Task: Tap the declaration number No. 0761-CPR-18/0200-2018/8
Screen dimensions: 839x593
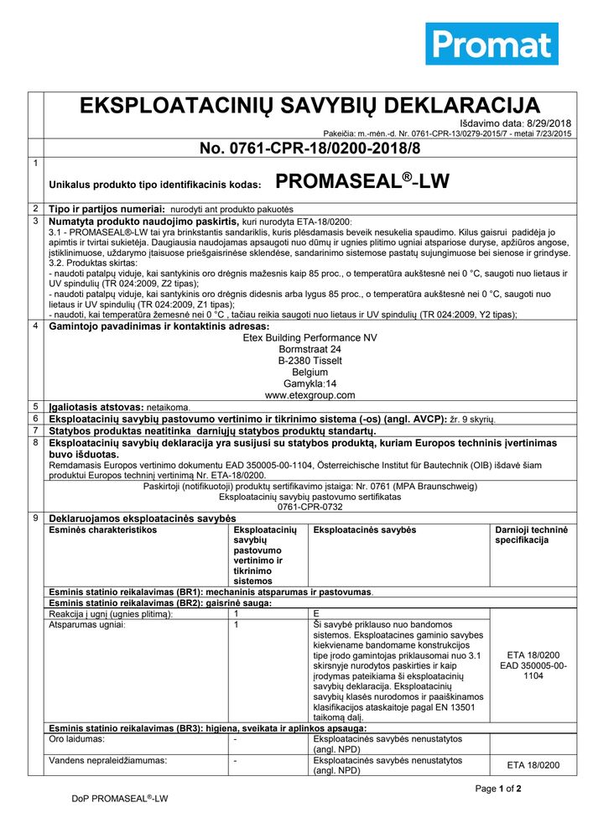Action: [310, 149]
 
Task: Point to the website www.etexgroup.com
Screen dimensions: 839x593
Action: [310, 394]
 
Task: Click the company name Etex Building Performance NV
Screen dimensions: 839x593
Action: [310, 337]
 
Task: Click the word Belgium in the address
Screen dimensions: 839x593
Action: [310, 372]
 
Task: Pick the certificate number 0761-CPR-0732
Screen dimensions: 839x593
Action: [310, 508]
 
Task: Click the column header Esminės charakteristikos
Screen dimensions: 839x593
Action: [103, 530]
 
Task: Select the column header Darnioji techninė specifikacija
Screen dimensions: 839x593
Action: [531, 535]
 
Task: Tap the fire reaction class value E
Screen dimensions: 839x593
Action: [315, 614]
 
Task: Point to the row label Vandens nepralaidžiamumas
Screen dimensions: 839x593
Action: [107, 760]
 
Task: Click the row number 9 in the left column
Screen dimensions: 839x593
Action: [35, 519]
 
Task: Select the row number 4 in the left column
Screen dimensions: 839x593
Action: [35, 326]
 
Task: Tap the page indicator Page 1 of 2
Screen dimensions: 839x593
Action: [498, 789]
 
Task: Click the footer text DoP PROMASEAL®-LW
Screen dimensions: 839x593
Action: [120, 800]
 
